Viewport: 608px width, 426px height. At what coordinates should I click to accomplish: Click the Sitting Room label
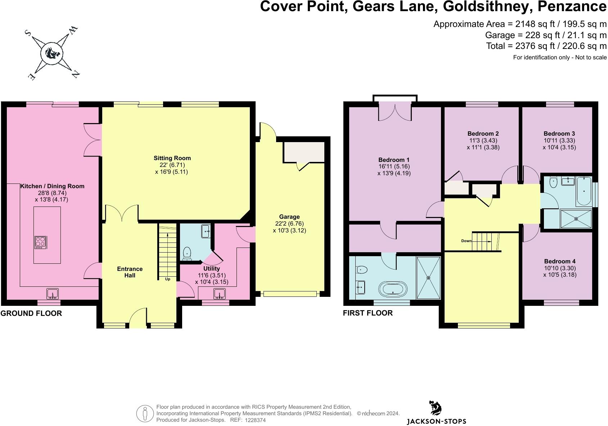pos(172,158)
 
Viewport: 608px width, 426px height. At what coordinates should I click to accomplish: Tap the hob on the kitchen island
pos(40,242)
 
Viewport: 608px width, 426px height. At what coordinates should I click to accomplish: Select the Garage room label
pos(289,217)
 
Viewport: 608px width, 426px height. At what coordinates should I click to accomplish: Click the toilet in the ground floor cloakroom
pos(187,253)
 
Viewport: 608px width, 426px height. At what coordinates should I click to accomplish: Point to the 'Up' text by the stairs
pos(167,279)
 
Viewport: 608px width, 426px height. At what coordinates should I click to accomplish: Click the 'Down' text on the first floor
pos(466,241)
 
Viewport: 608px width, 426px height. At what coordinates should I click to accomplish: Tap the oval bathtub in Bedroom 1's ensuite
pos(393,289)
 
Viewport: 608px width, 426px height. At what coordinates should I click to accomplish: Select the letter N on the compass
pos(76,74)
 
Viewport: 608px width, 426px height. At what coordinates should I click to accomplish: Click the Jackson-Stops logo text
pos(436,421)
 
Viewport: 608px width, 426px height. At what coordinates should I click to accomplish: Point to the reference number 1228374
pos(255,420)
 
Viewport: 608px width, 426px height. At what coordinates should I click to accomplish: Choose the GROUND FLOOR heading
pos(31,313)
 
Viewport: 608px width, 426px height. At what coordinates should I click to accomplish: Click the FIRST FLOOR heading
pos(368,313)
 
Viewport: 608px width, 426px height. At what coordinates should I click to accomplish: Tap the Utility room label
pos(211,269)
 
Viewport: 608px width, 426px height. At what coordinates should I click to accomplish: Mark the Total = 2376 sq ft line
pos(546,46)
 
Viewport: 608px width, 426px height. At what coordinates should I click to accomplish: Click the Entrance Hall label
pos(130,272)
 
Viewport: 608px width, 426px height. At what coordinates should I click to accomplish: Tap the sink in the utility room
pos(219,294)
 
